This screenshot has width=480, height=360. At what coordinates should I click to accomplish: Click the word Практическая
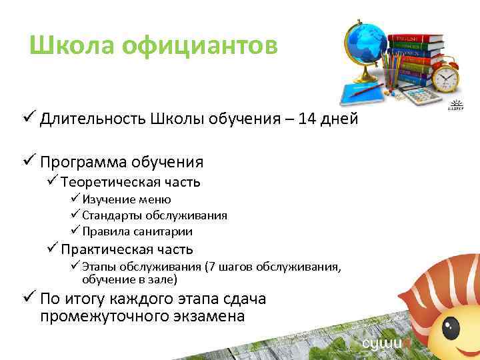[105, 249]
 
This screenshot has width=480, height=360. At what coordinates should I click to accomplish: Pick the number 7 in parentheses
[211, 267]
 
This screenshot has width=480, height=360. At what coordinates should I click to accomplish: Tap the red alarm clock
[445, 79]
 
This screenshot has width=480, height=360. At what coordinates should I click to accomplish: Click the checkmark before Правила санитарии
[75, 231]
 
